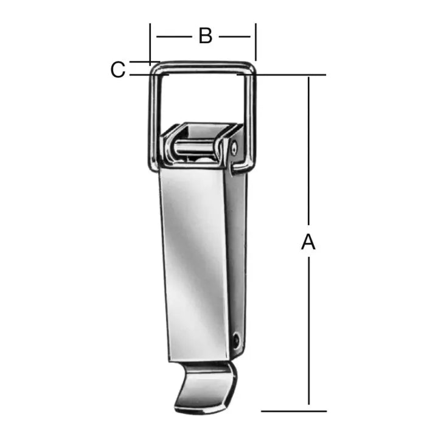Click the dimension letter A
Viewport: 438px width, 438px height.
pos(308,242)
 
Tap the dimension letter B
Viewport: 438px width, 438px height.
pos(206,36)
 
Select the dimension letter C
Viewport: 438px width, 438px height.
pos(118,70)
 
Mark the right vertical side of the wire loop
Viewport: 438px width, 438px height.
pos(251,116)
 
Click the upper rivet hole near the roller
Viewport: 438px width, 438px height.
pos(234,146)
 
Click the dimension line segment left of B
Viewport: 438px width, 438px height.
pos(173,36)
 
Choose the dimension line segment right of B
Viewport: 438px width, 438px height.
pos(235,36)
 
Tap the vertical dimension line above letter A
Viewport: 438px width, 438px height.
pos(308,152)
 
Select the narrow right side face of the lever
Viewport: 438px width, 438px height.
pos(238,255)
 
